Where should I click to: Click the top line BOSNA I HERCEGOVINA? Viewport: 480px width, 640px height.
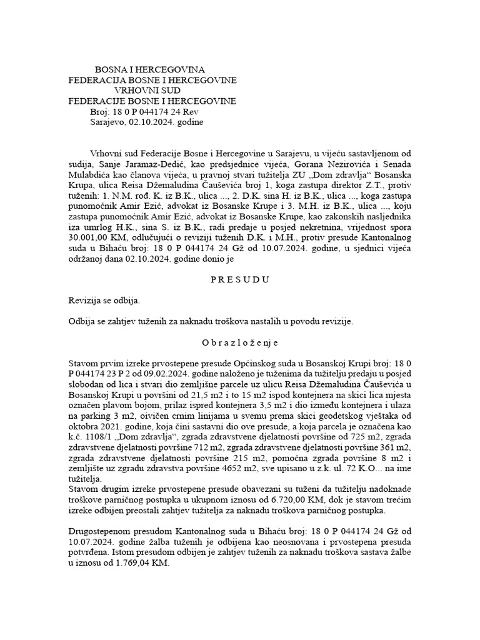coord(149,69)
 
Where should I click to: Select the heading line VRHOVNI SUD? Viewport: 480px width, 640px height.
coord(149,90)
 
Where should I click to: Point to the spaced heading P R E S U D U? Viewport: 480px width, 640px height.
coord(239,279)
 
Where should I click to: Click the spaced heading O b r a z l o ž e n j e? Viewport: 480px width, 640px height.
coord(239,343)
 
